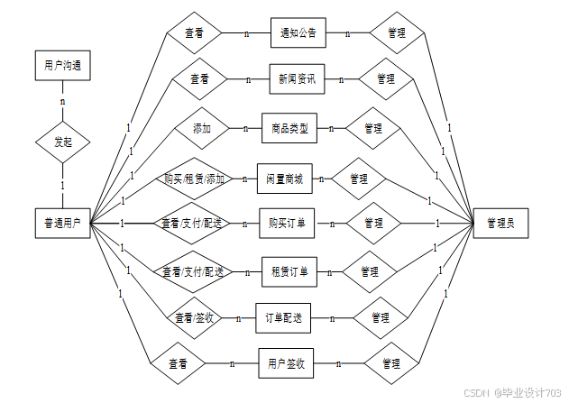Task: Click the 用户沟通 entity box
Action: [x=62, y=66]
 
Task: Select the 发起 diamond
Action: [x=62, y=142]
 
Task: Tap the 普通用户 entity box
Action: [x=62, y=222]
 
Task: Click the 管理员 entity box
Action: [x=500, y=222]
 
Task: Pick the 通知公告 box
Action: [x=298, y=33]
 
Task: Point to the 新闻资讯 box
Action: [x=298, y=79]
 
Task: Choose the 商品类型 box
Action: [x=289, y=129]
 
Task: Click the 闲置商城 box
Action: [x=285, y=179]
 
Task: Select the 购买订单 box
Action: [x=287, y=222]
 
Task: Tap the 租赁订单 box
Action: [x=289, y=270]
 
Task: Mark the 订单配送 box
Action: [x=283, y=317]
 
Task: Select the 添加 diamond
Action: [x=202, y=129]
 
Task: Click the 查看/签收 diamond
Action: [x=195, y=317]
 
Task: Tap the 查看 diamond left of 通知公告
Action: [x=194, y=33]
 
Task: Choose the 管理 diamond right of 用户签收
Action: [x=391, y=363]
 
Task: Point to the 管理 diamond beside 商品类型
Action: [x=373, y=129]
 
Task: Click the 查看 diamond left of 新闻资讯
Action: [x=199, y=79]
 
